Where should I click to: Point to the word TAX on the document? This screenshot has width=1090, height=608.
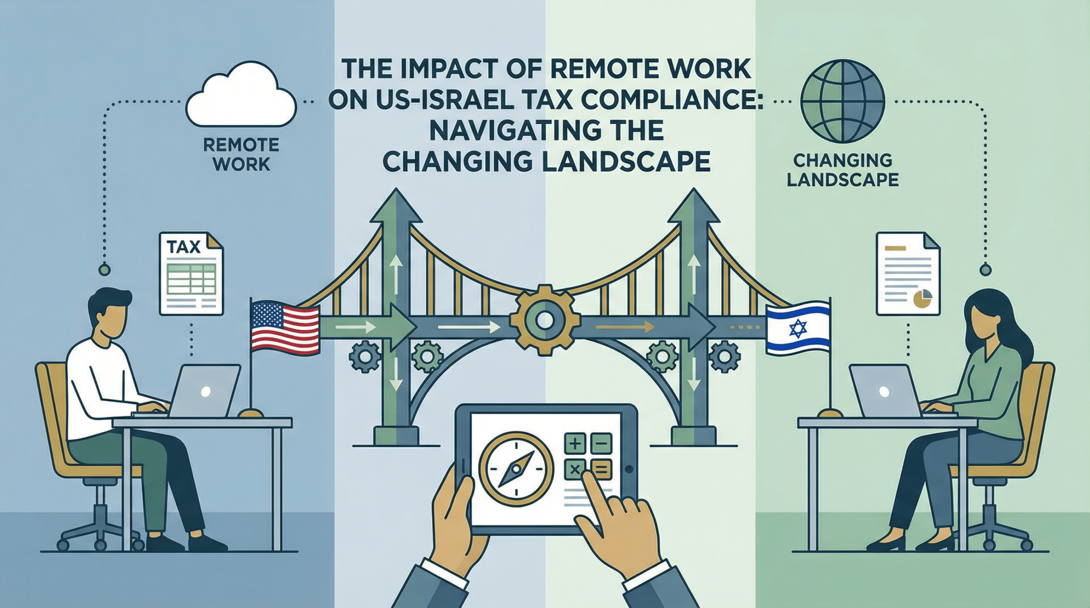[x=184, y=247]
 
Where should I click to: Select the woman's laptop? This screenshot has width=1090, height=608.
[x=883, y=391]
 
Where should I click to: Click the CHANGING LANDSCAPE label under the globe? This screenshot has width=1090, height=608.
[x=843, y=170]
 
